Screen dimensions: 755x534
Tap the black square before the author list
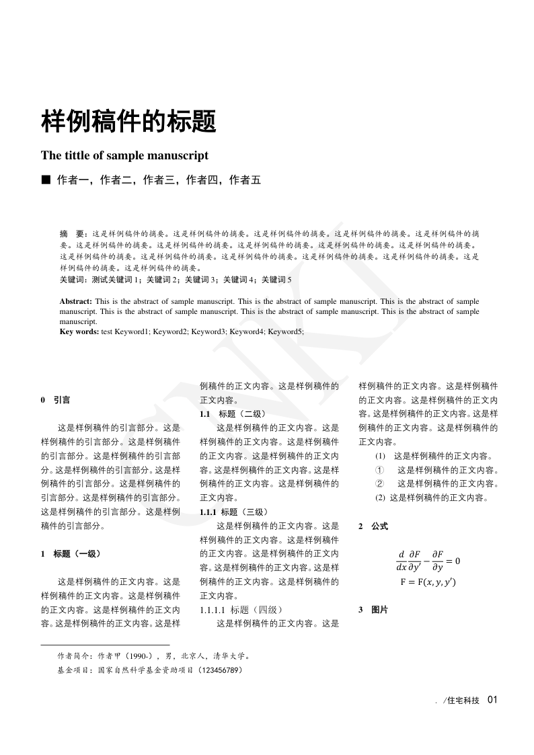tap(46, 180)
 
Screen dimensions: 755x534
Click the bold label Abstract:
tap(77, 302)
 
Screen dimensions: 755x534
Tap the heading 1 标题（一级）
tap(71, 554)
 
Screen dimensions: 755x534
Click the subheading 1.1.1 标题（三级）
tap(235, 512)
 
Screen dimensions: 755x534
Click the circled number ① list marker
tap(379, 470)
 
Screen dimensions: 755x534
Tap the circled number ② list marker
tap(379, 484)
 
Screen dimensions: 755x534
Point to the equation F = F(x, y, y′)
tap(428, 582)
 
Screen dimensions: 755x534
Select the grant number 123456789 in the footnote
tap(220, 670)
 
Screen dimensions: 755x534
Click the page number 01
tap(492, 700)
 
